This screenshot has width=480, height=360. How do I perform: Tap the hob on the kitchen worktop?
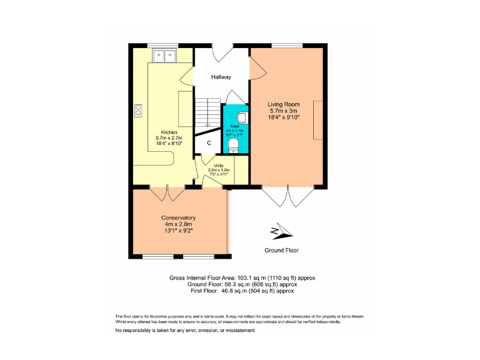pyautogui.click(x=138, y=111)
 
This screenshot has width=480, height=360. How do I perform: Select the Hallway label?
pyautogui.click(x=221, y=77)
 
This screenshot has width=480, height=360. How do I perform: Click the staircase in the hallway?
pyautogui.click(x=206, y=114)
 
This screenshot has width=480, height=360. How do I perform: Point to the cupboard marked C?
pyautogui.click(x=209, y=143)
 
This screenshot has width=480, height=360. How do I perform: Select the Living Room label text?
pyautogui.click(x=284, y=104)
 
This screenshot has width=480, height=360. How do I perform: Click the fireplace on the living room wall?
pyautogui.click(x=318, y=120)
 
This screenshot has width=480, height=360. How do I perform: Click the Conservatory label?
pyautogui.click(x=178, y=217)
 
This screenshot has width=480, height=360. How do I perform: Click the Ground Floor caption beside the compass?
pyautogui.click(x=281, y=250)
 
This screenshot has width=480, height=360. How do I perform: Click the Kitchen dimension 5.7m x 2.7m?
pyautogui.click(x=169, y=138)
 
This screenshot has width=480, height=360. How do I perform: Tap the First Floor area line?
pyautogui.click(x=242, y=291)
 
